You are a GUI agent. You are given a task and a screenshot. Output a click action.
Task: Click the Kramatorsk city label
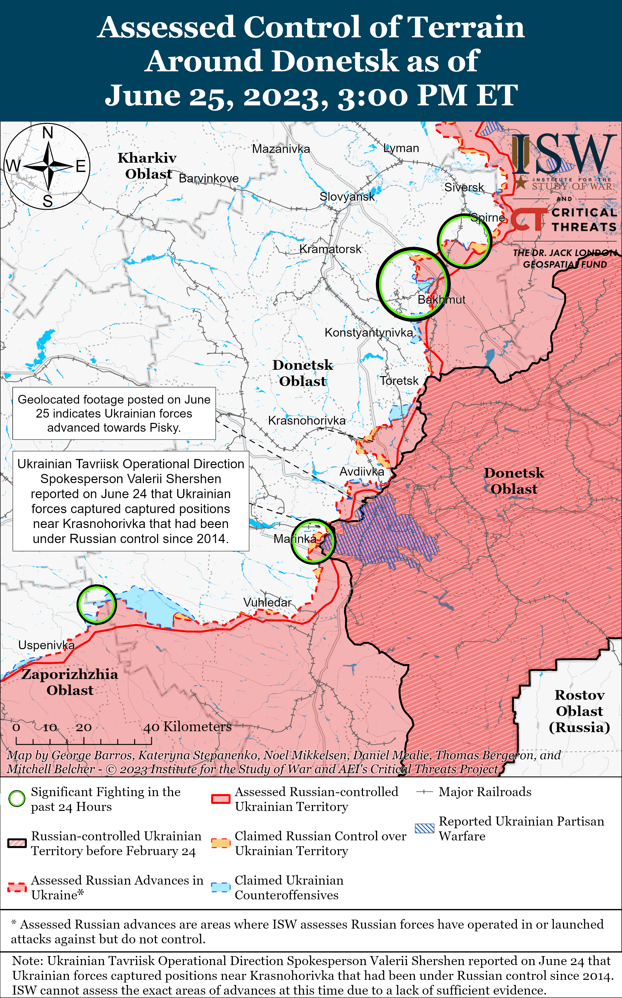330,249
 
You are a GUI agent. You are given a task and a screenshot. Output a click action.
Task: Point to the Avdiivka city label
361,472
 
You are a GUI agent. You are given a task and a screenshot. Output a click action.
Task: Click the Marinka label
295,539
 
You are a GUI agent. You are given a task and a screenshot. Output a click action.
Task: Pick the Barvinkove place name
209,179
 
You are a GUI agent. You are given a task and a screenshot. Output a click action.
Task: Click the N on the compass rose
48,133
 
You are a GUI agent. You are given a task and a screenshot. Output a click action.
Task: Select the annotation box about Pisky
114,413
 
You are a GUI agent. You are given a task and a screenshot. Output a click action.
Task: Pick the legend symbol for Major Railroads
424,792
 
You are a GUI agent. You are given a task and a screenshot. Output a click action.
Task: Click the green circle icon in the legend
17,798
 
